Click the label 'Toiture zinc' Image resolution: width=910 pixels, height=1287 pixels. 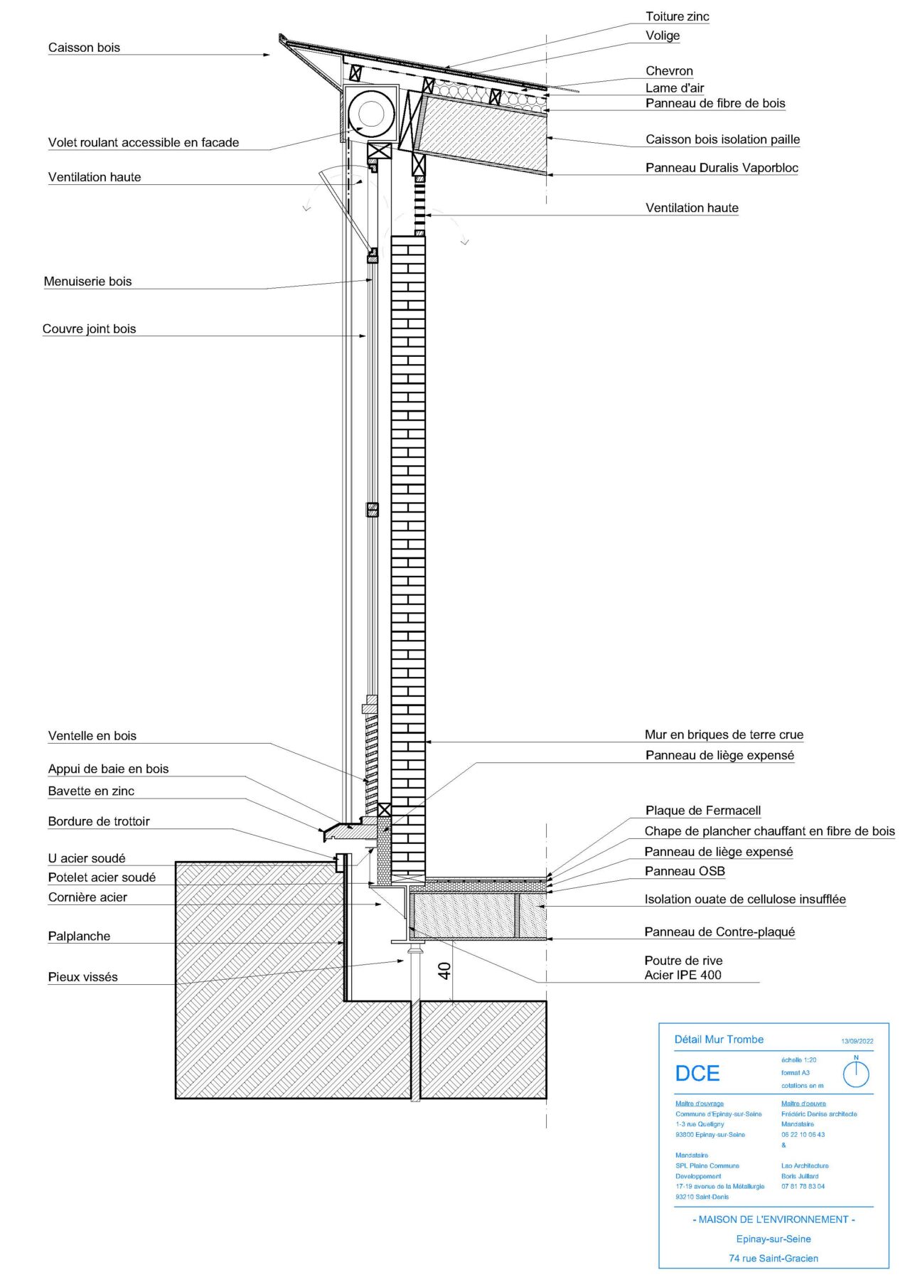coord(677,16)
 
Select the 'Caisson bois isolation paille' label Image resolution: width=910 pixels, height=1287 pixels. coord(722,139)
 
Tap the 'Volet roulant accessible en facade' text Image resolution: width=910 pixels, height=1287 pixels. coord(144,142)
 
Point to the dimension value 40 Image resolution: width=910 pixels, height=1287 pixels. coord(444,971)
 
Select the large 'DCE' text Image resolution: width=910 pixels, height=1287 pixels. coord(697,1073)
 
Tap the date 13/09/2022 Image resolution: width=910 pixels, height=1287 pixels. coord(857,1041)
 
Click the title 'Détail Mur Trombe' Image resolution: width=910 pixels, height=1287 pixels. coord(719,1040)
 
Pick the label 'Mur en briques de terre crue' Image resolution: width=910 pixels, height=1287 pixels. coord(724,735)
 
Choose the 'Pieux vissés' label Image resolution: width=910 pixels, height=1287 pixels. coord(83,977)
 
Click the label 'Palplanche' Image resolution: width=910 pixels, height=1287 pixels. coord(79,936)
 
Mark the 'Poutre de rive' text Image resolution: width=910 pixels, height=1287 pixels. coord(683,961)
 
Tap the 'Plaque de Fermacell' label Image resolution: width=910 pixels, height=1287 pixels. coord(703,811)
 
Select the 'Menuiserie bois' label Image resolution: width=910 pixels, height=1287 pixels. coord(87,282)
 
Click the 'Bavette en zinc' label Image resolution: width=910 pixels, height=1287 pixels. coord(91,791)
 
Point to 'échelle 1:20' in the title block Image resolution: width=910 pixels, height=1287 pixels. coord(798,1059)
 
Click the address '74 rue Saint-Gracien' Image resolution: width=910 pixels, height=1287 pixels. coord(773,1258)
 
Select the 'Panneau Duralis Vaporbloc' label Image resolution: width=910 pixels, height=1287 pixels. coord(722,168)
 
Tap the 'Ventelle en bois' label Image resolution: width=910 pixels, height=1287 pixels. coord(92,736)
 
